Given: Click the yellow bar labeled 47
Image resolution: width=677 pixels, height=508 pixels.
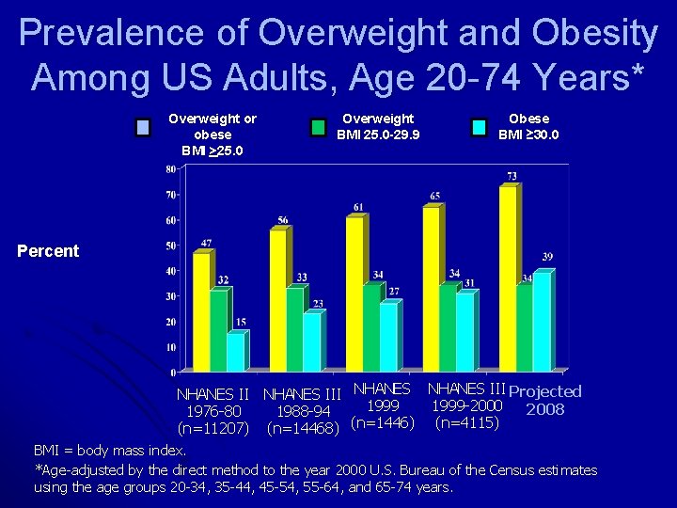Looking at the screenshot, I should pyautogui.click(x=201, y=310).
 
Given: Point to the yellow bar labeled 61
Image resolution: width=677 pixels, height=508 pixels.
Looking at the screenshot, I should pyautogui.click(x=354, y=293).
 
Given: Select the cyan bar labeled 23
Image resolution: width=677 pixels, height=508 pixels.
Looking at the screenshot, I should pyautogui.click(x=312, y=341).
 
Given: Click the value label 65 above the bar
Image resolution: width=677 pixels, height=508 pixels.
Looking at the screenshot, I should pyautogui.click(x=433, y=196).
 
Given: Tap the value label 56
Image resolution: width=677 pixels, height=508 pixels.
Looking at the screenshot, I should pyautogui.click(x=282, y=220).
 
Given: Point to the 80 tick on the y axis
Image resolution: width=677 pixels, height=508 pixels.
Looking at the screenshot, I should pyautogui.click(x=171, y=169).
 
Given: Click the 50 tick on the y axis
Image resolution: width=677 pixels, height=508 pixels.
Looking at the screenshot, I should pyautogui.click(x=171, y=246).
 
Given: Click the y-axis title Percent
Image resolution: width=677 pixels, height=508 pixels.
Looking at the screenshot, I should pyautogui.click(x=48, y=251).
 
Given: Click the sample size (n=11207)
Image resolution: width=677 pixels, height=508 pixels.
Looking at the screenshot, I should pyautogui.click(x=213, y=428).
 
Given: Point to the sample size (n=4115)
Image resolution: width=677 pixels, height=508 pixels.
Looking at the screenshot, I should pyautogui.click(x=466, y=423).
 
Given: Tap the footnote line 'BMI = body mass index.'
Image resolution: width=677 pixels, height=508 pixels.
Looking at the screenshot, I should pyautogui.click(x=111, y=451).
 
